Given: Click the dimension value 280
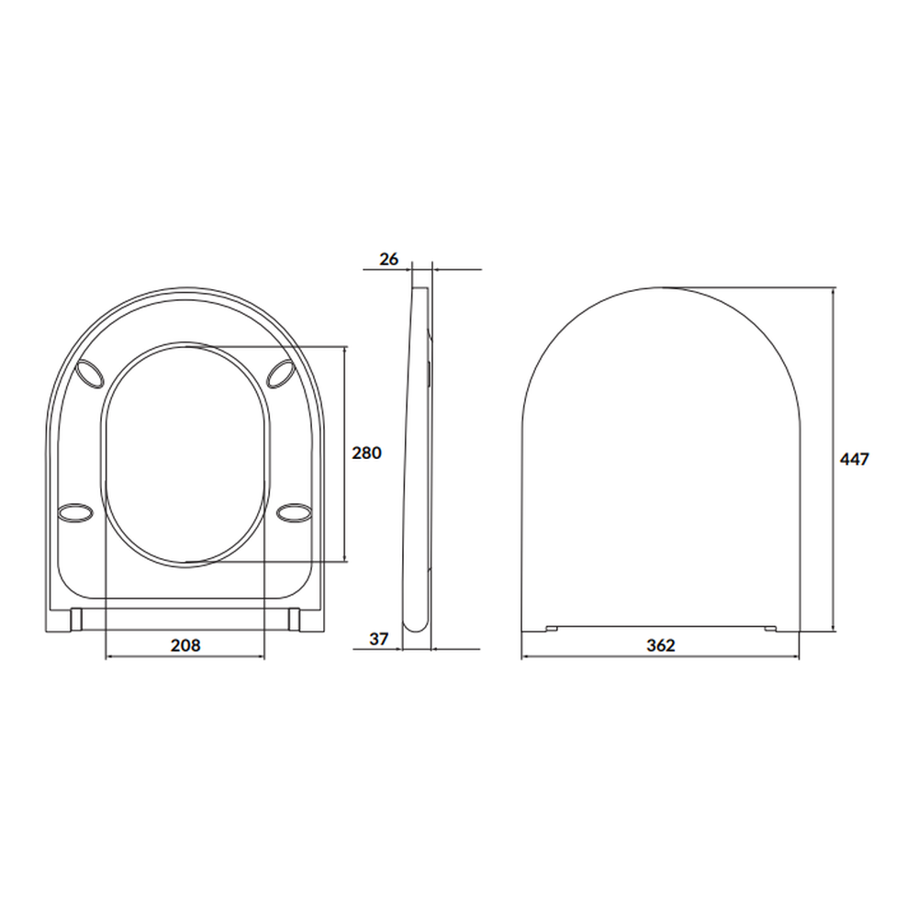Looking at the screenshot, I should click(x=365, y=453).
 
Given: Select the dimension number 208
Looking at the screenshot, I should click(x=185, y=645).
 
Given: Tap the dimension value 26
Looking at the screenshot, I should click(x=389, y=260).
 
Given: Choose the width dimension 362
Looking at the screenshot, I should click(x=660, y=645).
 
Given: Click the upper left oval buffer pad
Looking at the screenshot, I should click(x=90, y=375).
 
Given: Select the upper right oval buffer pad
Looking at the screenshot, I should click(x=282, y=375).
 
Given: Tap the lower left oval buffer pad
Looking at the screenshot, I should click(x=75, y=511).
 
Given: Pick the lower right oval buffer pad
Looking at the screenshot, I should click(x=294, y=511).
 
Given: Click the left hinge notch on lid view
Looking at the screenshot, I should click(x=551, y=629).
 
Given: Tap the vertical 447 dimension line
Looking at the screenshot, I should click(x=834, y=386).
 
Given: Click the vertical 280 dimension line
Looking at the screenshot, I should click(x=345, y=404).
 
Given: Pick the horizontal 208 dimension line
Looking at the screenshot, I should click(x=138, y=657).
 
